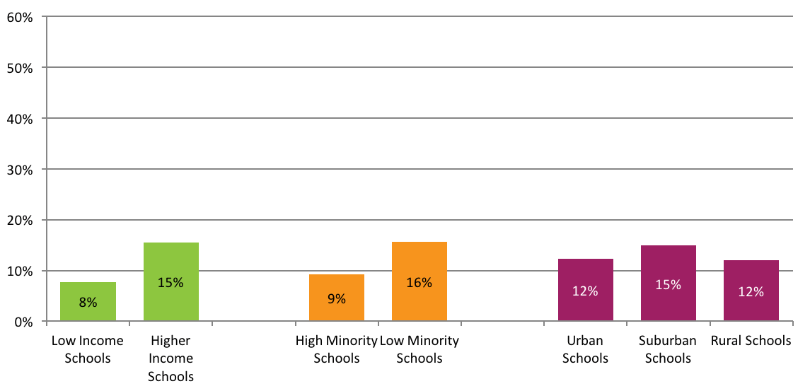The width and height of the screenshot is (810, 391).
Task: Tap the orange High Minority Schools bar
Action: (337, 286)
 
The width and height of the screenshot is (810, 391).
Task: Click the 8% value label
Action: (88, 303)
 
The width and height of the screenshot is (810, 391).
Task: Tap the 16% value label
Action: (420, 283)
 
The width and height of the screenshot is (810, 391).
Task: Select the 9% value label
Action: (337, 299)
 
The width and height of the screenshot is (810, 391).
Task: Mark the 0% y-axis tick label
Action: (22, 322)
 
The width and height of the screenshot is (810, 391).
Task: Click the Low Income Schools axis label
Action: (88, 349)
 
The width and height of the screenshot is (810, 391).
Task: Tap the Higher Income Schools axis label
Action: (171, 358)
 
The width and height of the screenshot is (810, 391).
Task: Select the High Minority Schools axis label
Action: (337, 349)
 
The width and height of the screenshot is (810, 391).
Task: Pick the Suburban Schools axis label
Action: (668, 349)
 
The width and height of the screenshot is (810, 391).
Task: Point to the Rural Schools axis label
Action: (751, 341)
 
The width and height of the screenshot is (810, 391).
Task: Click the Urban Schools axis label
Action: (585, 349)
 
